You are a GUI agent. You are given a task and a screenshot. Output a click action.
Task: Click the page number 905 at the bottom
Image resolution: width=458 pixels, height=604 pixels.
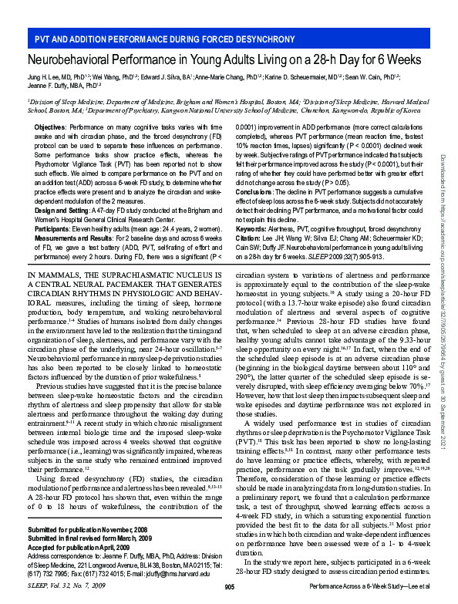pos(228,588)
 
